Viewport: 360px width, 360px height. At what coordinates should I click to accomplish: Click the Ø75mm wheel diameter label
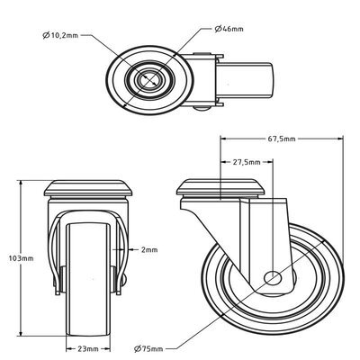(151, 347)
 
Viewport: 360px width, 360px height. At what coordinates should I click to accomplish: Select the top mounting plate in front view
(88, 190)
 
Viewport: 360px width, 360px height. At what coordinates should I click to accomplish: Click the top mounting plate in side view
(222, 190)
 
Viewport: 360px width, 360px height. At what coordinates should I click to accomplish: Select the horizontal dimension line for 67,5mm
(283, 139)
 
